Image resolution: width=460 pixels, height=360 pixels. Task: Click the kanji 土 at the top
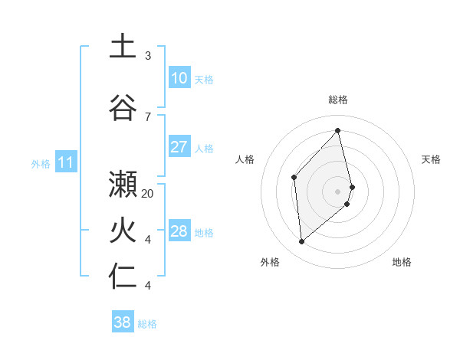(x=123, y=46)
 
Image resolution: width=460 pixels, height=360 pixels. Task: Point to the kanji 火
(x=123, y=230)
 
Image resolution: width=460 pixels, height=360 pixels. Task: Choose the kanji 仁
(x=123, y=276)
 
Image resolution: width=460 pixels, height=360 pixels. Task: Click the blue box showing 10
(x=179, y=78)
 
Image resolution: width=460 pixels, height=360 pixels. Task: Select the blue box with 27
(x=179, y=147)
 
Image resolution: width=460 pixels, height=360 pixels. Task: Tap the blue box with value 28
(x=179, y=231)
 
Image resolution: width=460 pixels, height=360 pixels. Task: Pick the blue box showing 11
(x=65, y=162)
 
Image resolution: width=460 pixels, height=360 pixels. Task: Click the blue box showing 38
(x=123, y=322)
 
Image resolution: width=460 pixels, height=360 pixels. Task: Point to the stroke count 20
(x=148, y=194)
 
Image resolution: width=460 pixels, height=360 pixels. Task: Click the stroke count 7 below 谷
(x=148, y=116)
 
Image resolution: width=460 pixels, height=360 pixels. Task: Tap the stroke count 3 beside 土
(x=148, y=56)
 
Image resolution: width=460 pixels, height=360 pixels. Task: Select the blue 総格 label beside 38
(x=147, y=324)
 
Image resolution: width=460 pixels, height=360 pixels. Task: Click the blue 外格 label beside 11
(x=40, y=163)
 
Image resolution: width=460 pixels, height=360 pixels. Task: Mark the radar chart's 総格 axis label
(x=338, y=100)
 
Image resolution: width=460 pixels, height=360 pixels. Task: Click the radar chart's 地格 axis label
(x=402, y=262)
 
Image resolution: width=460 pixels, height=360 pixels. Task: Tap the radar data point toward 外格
(x=302, y=241)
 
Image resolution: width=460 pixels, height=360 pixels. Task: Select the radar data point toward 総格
(x=338, y=131)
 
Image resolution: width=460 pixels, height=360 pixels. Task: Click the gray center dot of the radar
(x=338, y=191)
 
